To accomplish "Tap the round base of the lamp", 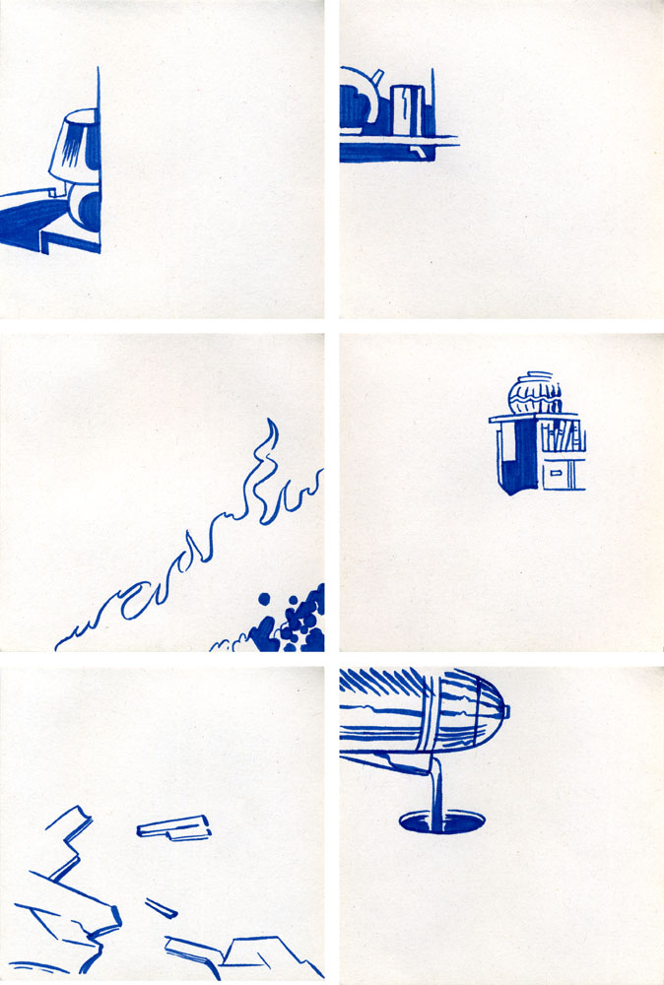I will pos(86,209).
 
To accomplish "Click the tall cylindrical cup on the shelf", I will pos(407,109).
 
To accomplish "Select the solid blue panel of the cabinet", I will pos(514,467).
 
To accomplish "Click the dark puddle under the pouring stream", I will pos(434,820).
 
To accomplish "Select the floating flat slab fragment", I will pos(173,827).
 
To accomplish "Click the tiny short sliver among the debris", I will pos(161,906).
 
